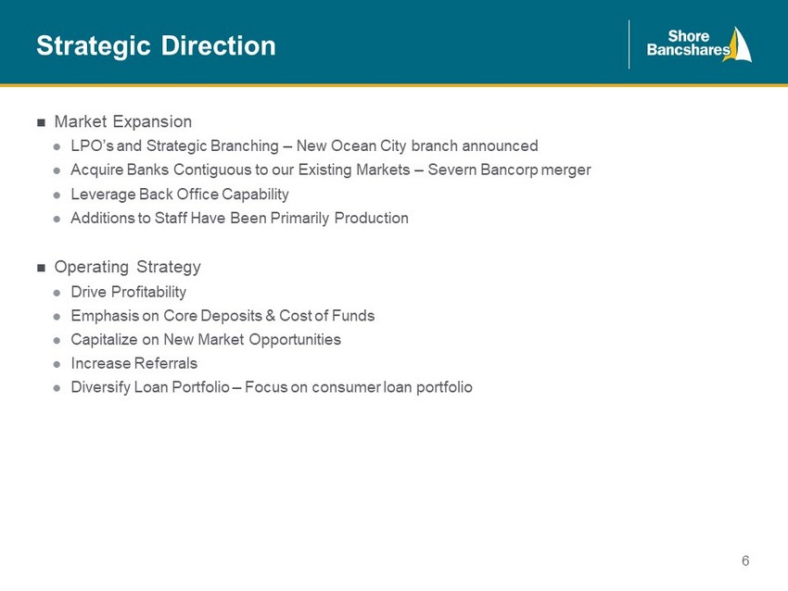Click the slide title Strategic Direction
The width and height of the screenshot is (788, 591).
tap(156, 46)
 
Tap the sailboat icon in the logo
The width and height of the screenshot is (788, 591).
tap(738, 44)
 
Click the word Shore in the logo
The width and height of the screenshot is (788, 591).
tap(689, 36)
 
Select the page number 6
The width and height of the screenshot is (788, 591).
tap(745, 560)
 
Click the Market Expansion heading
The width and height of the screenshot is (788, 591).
tap(123, 121)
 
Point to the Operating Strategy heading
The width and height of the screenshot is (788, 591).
tap(128, 267)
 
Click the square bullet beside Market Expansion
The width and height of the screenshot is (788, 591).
tap(41, 122)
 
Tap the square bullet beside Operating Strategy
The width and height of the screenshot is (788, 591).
tap(41, 268)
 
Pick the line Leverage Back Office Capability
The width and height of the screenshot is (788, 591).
tap(180, 194)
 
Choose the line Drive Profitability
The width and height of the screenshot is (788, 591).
tap(129, 292)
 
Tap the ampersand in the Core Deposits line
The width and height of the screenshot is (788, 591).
tap(271, 316)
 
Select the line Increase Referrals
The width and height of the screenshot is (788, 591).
tap(134, 363)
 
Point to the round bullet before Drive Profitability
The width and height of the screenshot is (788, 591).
tap(57, 293)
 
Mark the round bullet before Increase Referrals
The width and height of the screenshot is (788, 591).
tap(57, 364)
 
